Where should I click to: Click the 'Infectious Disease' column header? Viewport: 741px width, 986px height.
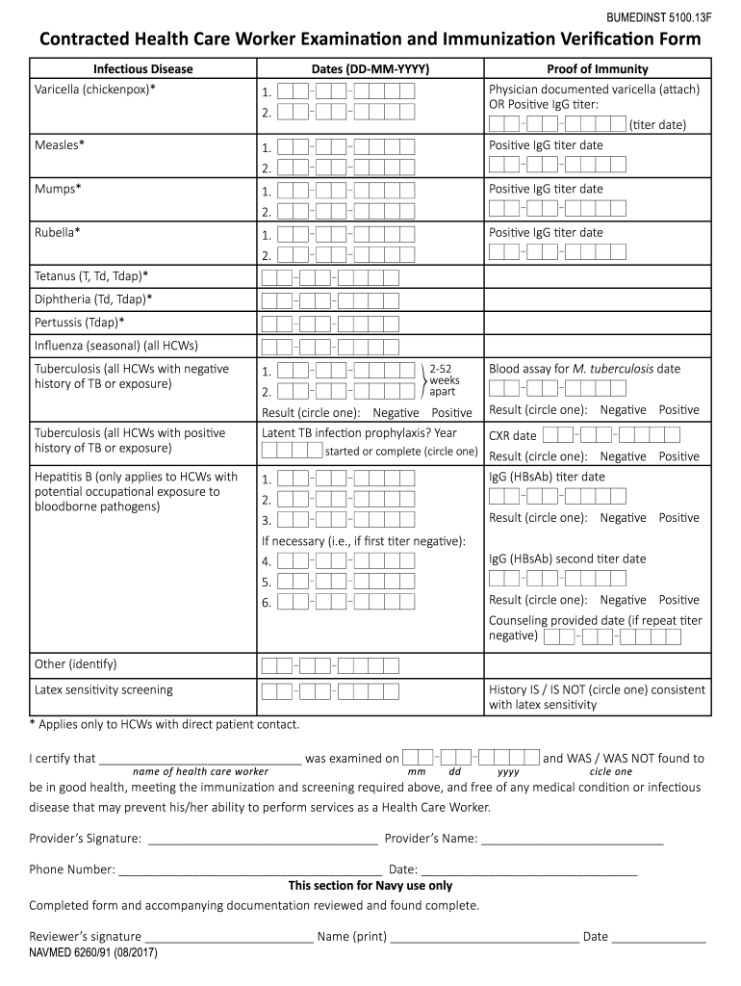coord(142,69)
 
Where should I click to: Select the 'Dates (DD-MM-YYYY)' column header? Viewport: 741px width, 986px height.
coord(370,69)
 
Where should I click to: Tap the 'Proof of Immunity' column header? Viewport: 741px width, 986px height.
coord(597,69)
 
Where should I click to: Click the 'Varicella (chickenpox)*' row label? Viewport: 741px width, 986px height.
coord(95,90)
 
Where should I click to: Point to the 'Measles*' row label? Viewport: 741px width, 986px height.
coord(60,144)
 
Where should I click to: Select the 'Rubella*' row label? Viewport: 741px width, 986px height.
coord(58,232)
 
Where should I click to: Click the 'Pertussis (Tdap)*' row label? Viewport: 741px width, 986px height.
coord(80,322)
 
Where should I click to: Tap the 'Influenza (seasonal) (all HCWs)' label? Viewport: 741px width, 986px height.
coord(116,345)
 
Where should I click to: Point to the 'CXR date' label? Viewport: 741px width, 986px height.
coord(513,436)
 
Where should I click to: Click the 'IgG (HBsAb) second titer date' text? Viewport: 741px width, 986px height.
coord(567,558)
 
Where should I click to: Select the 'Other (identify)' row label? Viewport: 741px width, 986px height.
coord(75,664)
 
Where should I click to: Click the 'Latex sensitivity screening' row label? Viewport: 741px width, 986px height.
coord(104,690)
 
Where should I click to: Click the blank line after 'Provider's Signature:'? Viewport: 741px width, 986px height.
coord(262,839)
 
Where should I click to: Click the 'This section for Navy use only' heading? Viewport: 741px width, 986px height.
coord(370,886)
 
